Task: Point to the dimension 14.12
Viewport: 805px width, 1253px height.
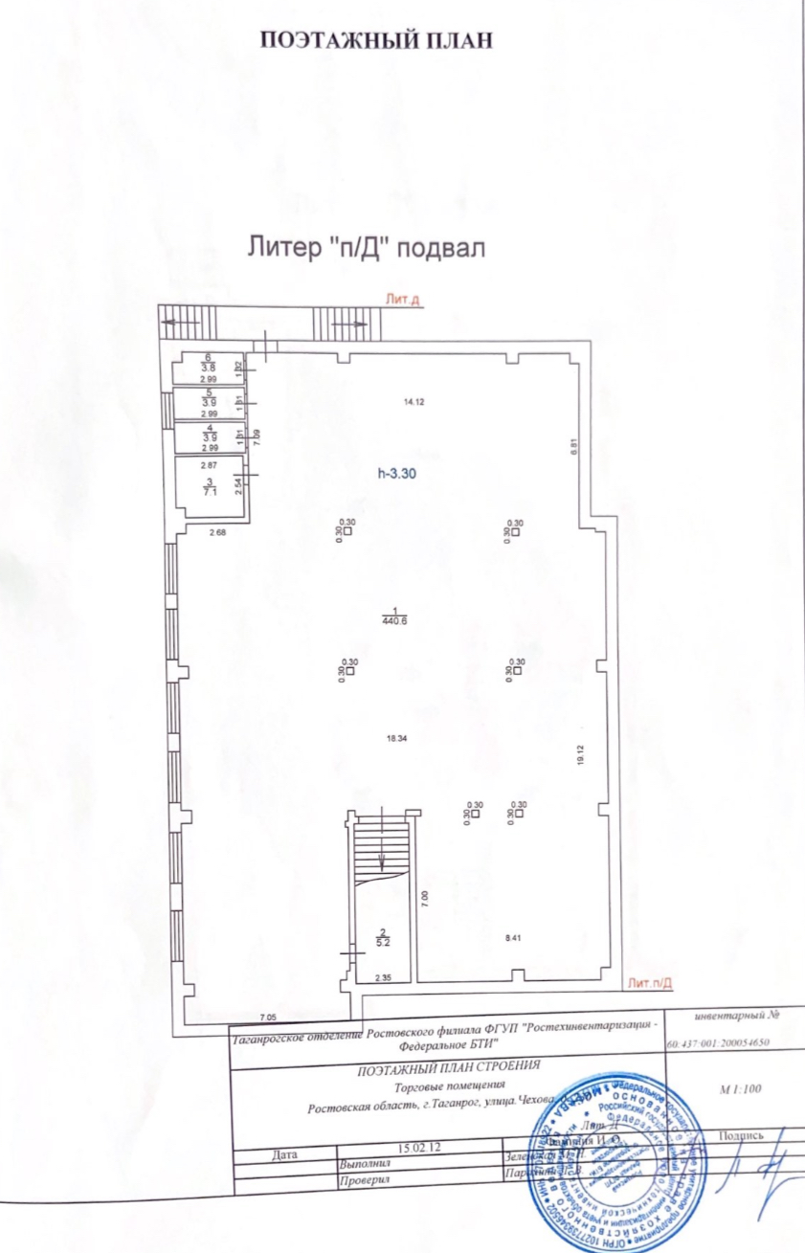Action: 414,403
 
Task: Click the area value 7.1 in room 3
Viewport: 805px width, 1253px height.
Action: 210,490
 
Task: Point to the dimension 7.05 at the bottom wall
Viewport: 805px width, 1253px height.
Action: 269,1018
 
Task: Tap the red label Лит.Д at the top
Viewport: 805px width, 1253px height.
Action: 403,300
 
